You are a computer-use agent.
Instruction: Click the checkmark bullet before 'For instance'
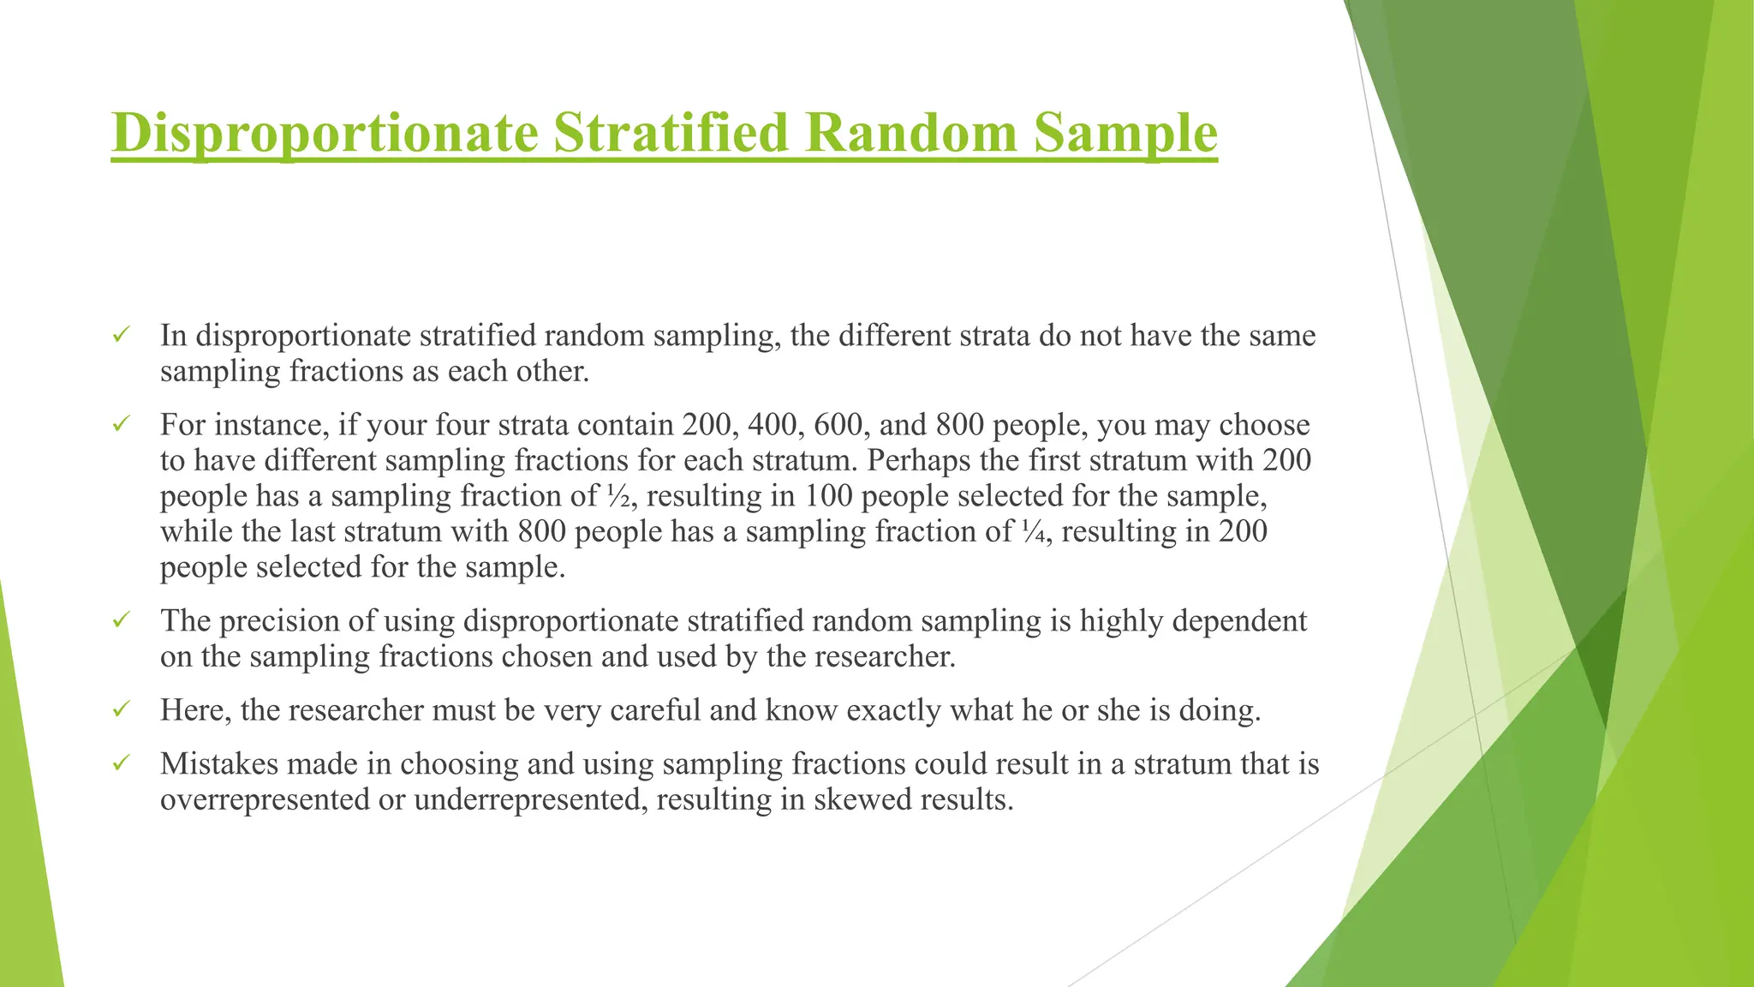(x=121, y=423)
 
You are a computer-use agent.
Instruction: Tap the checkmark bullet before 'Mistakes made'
(x=121, y=762)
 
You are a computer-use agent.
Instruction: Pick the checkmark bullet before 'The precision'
(x=121, y=619)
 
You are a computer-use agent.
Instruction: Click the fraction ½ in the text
(x=617, y=496)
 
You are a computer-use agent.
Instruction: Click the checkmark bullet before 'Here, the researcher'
(x=121, y=709)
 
